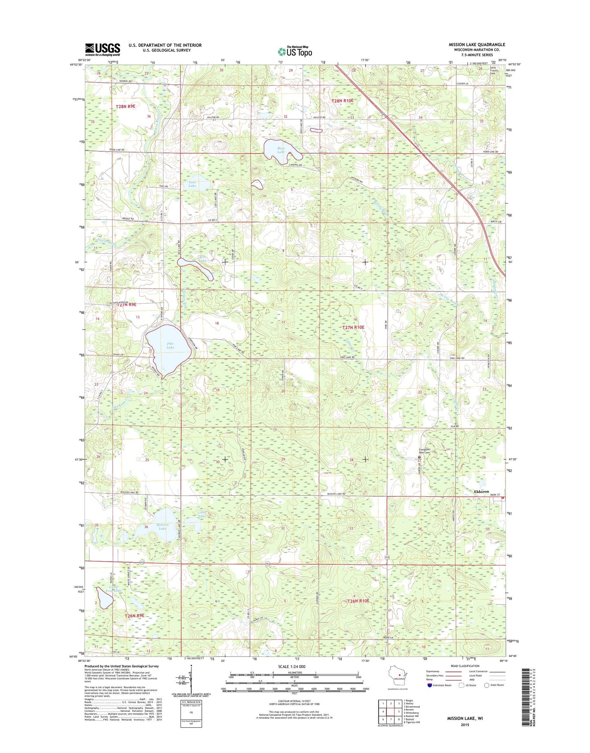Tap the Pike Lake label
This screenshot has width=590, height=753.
(170, 345)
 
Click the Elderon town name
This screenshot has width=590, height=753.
(481, 491)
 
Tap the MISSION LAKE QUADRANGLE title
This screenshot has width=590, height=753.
(476, 45)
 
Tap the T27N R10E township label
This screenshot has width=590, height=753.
(353, 327)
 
